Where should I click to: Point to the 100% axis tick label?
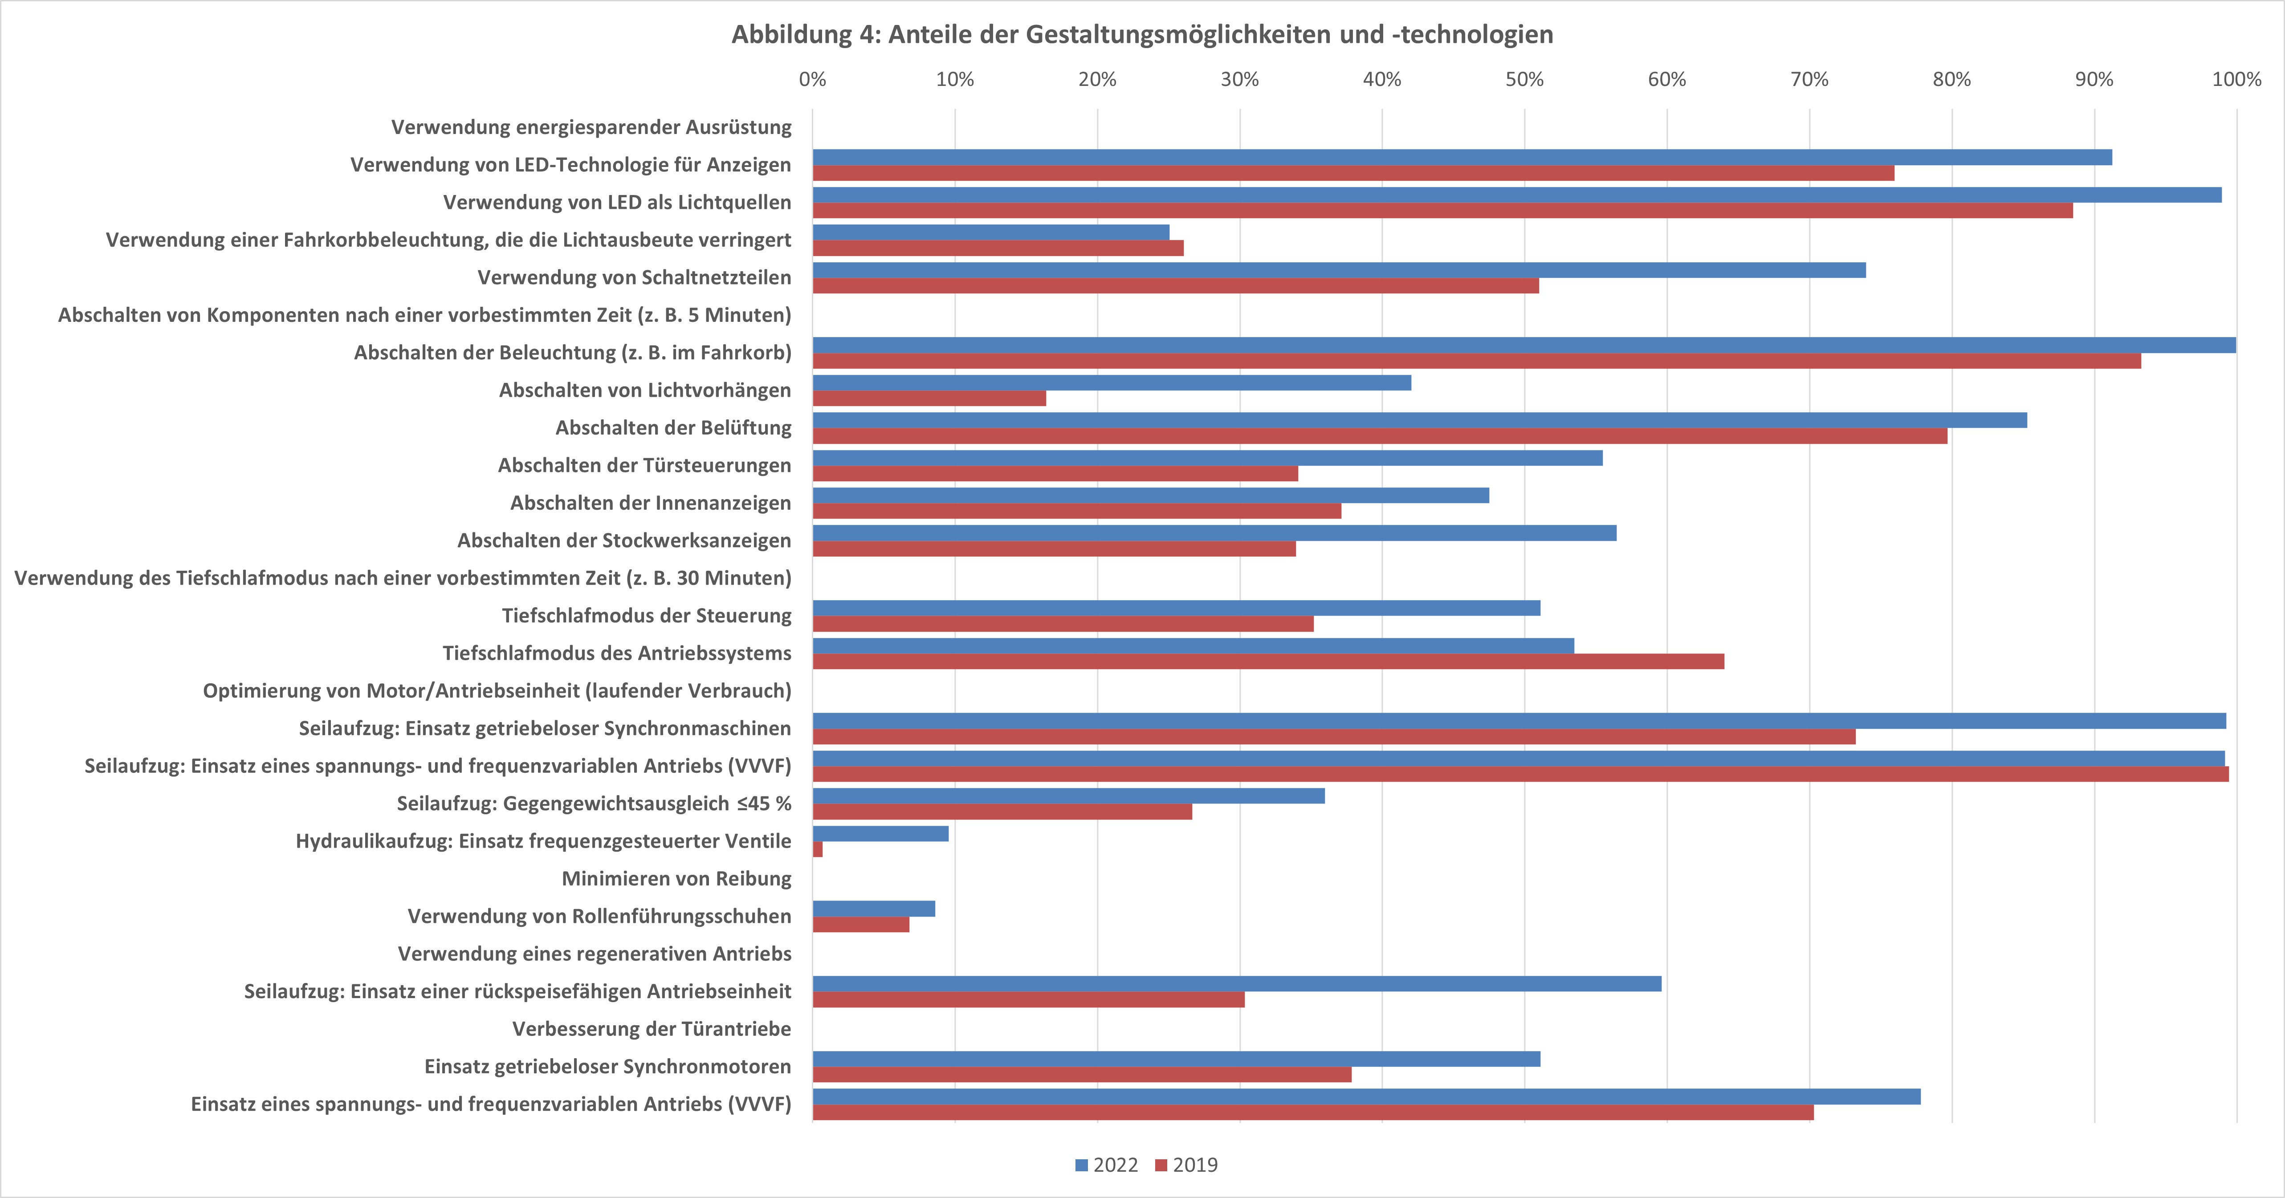2236,80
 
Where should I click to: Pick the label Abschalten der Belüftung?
673,427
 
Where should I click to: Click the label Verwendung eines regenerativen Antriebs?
595,954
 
